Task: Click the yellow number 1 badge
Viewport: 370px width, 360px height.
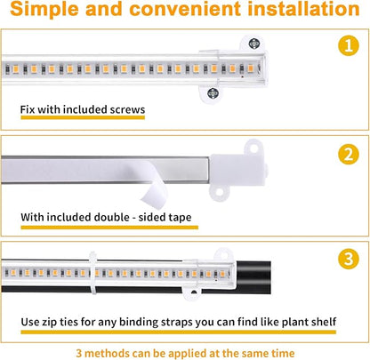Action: point(348,46)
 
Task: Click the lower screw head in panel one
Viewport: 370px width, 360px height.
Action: point(213,91)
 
